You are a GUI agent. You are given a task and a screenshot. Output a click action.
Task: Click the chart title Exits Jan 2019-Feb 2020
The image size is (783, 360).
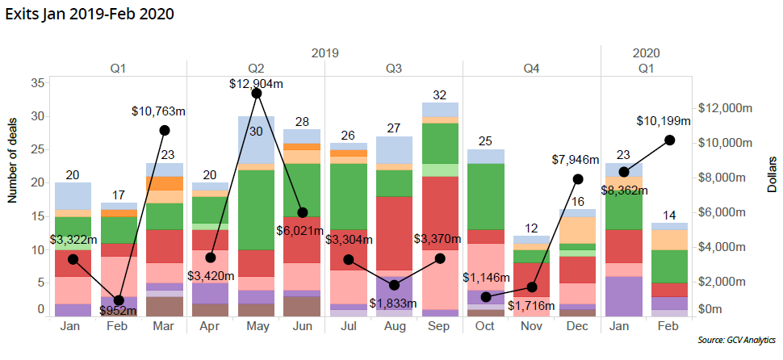(x=89, y=14)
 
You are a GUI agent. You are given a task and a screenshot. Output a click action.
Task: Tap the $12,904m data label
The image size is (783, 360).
(x=256, y=82)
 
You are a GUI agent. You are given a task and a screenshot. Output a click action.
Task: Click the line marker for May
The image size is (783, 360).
(x=257, y=94)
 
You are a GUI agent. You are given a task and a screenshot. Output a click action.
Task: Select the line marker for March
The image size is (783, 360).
(x=165, y=130)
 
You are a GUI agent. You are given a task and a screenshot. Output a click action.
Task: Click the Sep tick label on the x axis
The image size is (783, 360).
(x=440, y=325)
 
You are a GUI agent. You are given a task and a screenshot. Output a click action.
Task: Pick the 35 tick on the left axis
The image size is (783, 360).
(x=38, y=83)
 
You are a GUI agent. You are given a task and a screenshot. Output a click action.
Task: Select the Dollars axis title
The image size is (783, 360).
(x=772, y=174)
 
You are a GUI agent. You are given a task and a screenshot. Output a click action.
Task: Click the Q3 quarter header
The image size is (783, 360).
(x=394, y=69)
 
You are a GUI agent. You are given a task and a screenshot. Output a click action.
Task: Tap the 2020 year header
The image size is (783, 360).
(x=647, y=52)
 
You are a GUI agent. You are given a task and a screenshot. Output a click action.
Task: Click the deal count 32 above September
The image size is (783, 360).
(x=440, y=95)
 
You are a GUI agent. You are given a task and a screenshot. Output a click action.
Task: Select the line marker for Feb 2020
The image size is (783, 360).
(x=670, y=140)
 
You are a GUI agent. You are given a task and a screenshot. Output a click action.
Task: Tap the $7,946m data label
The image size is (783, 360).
(x=578, y=160)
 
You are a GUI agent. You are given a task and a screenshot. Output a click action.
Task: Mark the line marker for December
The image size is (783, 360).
(x=578, y=178)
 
